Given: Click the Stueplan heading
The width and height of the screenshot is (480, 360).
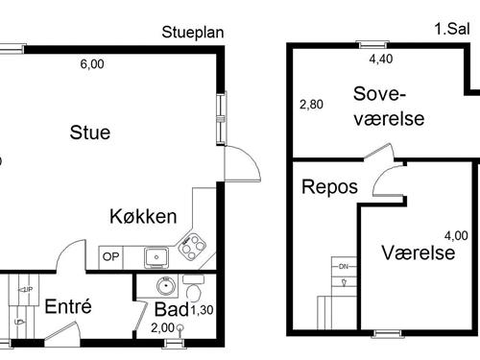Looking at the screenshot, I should [x=193, y=32].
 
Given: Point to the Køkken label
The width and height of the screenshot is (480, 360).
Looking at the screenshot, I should [x=142, y=216].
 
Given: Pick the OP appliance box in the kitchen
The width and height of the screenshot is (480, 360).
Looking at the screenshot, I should [x=111, y=256].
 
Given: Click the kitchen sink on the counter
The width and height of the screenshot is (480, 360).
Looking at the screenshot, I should [x=156, y=256].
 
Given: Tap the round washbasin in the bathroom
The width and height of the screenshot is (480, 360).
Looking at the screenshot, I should [x=164, y=286].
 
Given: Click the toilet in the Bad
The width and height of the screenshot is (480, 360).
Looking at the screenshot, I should [x=193, y=291].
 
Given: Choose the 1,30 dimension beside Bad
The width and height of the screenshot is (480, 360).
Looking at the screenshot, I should [x=202, y=310].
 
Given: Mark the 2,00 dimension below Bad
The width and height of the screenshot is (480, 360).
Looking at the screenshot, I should [x=162, y=327].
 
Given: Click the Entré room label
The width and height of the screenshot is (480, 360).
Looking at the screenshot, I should [x=68, y=307].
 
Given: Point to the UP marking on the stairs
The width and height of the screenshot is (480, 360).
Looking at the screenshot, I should [x=27, y=289].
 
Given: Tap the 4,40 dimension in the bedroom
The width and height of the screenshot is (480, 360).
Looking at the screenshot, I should [x=381, y=59].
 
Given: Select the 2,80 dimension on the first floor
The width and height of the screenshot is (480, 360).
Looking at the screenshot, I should [x=310, y=105].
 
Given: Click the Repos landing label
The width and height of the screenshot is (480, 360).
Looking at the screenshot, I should [x=329, y=186].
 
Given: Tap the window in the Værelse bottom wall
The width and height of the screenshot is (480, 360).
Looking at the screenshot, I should [x=388, y=333].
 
